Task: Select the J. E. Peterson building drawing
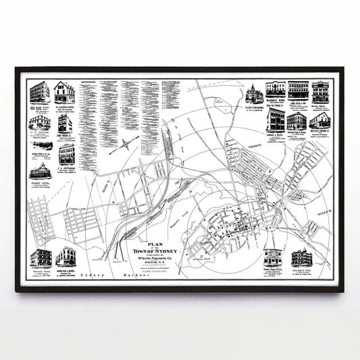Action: click(66, 155)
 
